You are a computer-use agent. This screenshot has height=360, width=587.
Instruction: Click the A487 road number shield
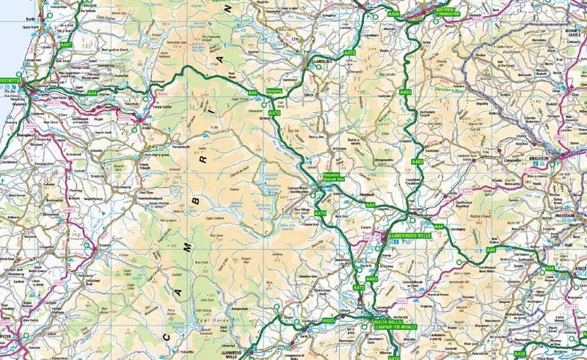pos(65,45)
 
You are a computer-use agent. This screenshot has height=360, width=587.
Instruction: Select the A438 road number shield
pos(519,353)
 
